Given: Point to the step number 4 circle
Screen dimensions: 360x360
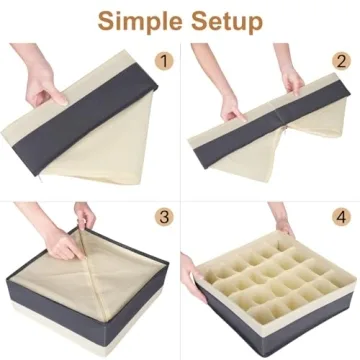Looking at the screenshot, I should click(341, 217).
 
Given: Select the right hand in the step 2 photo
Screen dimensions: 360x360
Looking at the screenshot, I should click(291, 75).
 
